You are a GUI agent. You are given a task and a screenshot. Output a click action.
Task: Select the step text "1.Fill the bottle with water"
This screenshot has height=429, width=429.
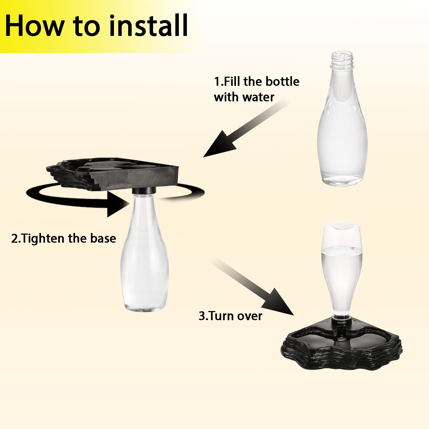tap(257, 89)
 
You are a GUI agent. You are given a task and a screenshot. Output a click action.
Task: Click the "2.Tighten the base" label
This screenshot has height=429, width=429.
tap(64, 238)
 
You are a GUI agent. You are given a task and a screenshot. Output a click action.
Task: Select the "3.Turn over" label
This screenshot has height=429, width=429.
tap(230, 316)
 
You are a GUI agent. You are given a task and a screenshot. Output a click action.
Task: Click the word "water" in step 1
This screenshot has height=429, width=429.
tap(244, 97)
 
